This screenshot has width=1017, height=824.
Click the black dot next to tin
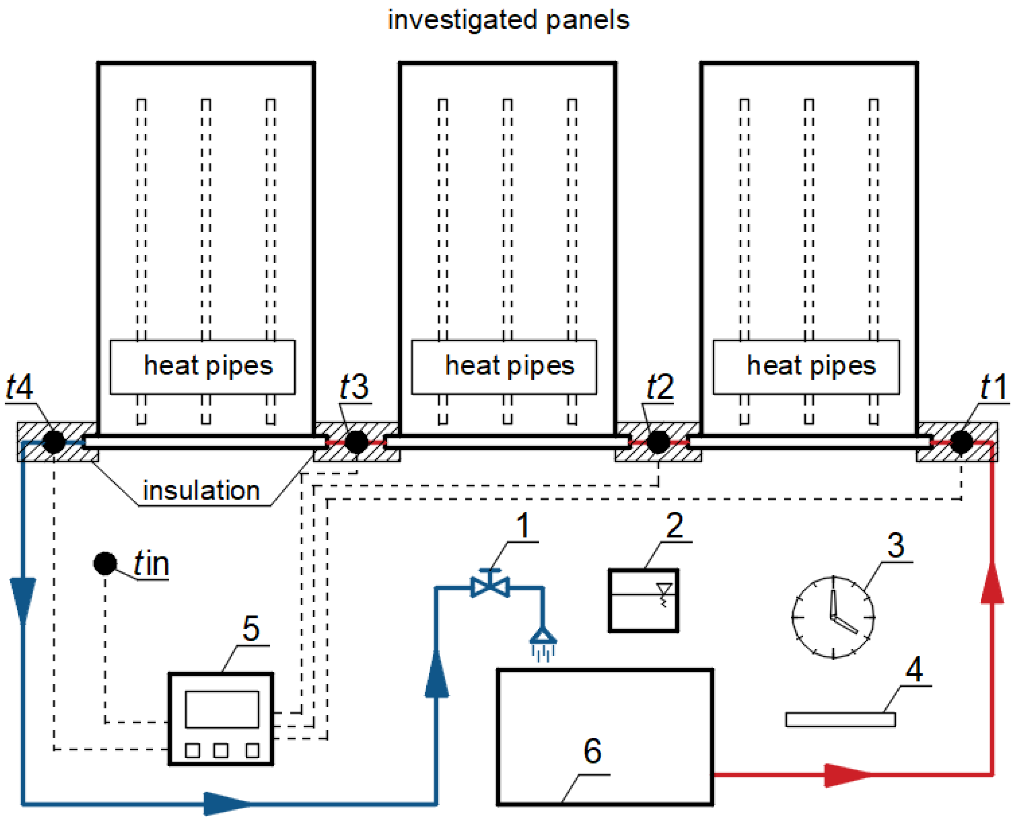[105, 564]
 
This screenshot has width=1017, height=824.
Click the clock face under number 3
[833, 617]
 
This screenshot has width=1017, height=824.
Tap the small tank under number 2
[644, 600]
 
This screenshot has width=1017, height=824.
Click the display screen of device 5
[222, 709]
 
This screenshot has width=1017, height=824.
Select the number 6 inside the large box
[592, 751]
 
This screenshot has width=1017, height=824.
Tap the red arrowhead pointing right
[848, 775]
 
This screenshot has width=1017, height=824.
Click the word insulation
[201, 490]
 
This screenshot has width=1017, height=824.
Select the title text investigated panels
[508, 20]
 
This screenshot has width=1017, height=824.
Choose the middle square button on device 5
[221, 750]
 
